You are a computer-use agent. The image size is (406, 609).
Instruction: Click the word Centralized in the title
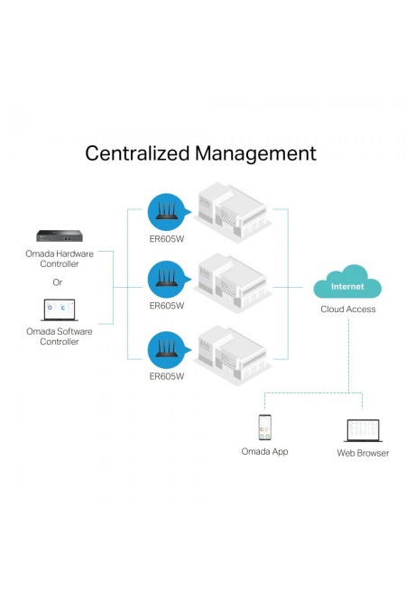138,153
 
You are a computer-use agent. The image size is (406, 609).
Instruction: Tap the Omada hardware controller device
60,235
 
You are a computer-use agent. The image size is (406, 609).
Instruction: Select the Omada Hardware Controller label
60,259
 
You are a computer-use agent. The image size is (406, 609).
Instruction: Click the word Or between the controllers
58,282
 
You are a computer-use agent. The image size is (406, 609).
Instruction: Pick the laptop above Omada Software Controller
59,310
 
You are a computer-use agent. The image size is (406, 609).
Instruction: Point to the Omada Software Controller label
60,337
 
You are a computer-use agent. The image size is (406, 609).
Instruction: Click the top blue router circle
167,212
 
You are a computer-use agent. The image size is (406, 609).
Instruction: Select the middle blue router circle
167,280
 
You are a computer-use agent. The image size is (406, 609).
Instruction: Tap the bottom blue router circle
167,350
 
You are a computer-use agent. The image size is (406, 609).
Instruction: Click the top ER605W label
167,239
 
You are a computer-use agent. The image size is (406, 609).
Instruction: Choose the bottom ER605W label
167,376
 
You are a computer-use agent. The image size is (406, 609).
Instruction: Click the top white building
233,213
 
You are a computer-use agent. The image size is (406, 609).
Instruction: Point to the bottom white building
233,355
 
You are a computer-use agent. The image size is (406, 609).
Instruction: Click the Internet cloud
347,281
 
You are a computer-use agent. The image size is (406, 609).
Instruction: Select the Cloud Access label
348,309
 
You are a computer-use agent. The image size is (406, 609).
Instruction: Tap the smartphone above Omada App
265,428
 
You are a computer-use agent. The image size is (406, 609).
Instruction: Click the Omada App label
264,451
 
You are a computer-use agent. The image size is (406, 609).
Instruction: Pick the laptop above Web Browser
363,430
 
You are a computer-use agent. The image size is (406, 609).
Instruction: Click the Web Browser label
363,453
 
